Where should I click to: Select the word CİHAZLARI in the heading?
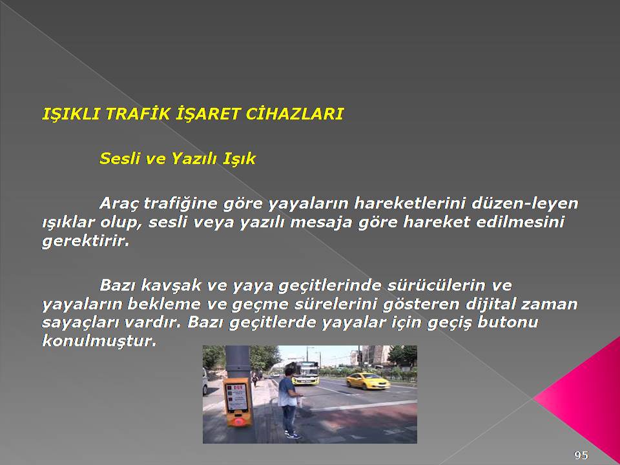[x=294, y=114]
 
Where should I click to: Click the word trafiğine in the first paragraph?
[x=181, y=204]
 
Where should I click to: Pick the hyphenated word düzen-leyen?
[x=524, y=204]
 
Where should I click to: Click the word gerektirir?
[x=86, y=241]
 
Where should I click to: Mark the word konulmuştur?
[x=99, y=341]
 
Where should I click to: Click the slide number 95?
[x=581, y=455]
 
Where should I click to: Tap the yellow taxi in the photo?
[x=368, y=381]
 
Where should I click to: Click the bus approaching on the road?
[x=305, y=373]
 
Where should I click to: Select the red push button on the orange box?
[x=238, y=421]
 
